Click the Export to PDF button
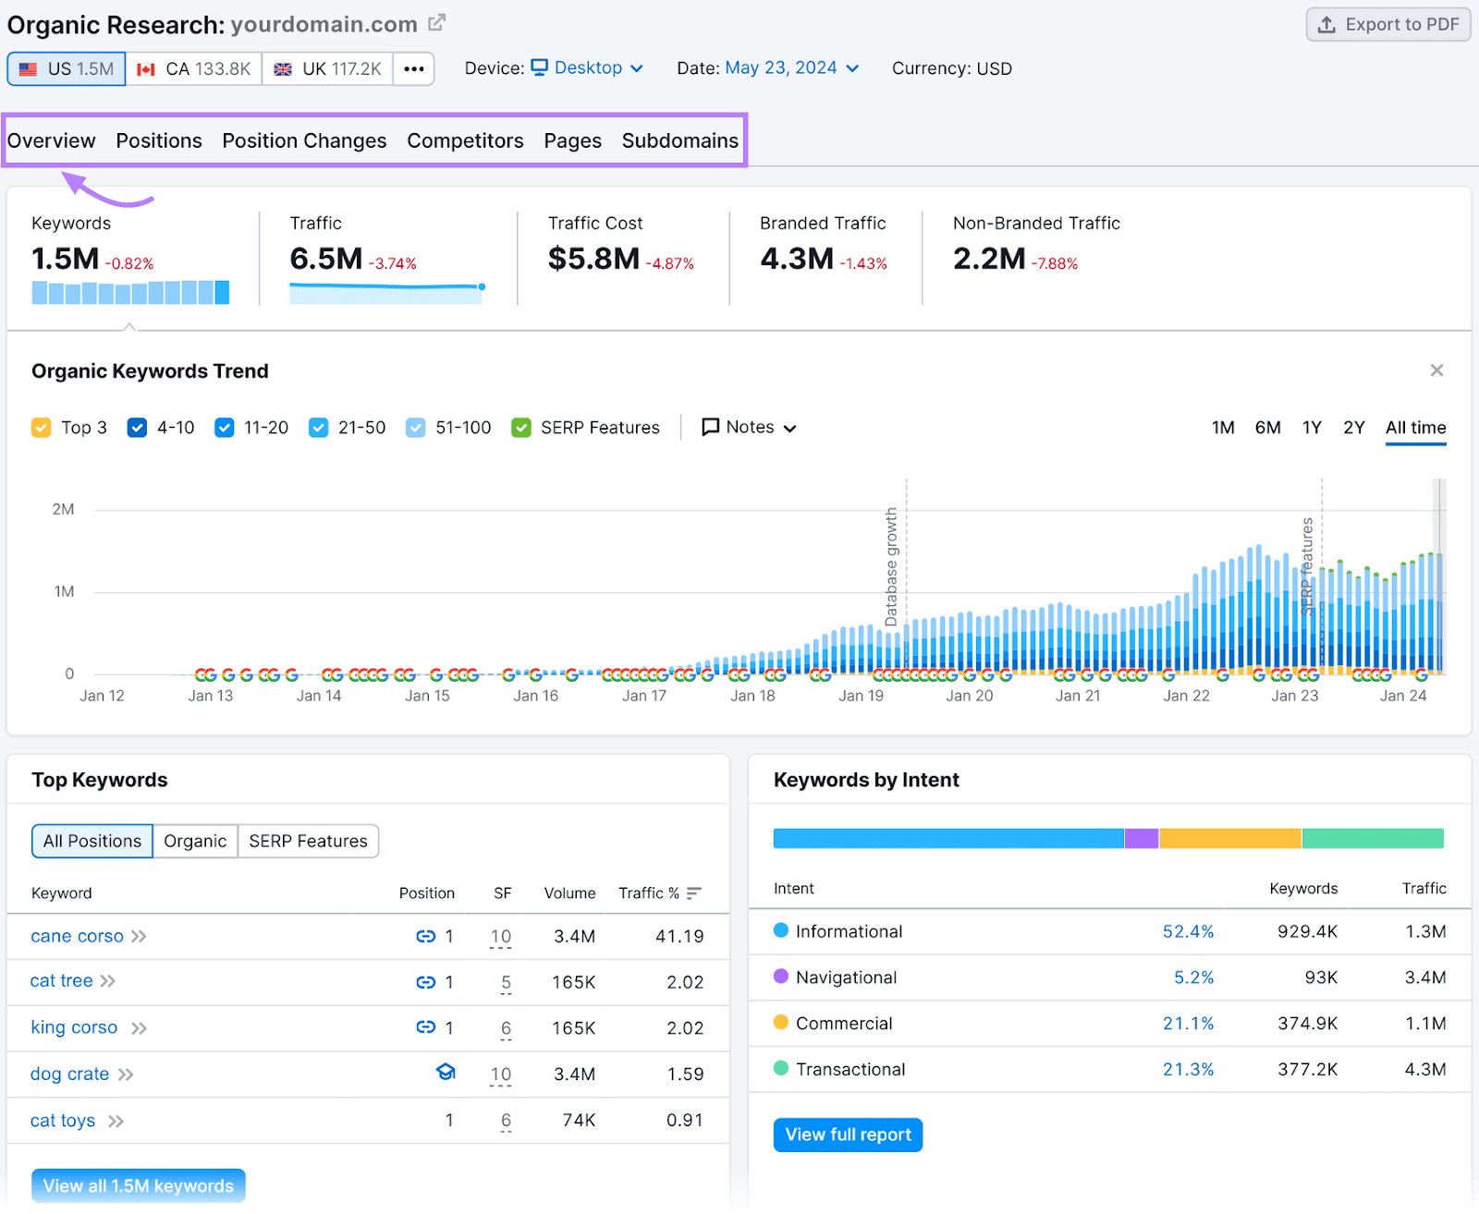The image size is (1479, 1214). pos(1387,25)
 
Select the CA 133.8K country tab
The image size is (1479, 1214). pos(194,69)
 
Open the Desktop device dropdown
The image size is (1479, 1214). pos(587,68)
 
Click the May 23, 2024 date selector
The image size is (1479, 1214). pos(791,68)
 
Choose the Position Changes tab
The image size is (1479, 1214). pos(304,140)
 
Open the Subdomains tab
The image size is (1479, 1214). pos(679,140)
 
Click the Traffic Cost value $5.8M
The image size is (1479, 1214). pos(593,259)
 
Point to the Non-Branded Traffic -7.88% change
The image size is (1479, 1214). pos(1055,264)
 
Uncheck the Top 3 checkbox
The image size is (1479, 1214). pos(42,428)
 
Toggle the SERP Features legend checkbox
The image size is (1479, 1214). pos(521,428)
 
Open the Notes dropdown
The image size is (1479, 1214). pos(749,428)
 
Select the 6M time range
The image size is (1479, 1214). pos(1267,428)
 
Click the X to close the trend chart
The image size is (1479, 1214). pos(1436,370)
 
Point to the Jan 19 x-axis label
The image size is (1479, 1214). pos(861,696)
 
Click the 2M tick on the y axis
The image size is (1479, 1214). pos(63,509)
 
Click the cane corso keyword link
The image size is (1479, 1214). pos(77,936)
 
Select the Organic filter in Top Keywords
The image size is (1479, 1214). pos(195,841)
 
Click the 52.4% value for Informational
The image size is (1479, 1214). pos(1188,931)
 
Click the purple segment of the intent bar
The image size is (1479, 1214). pos(1142,839)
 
